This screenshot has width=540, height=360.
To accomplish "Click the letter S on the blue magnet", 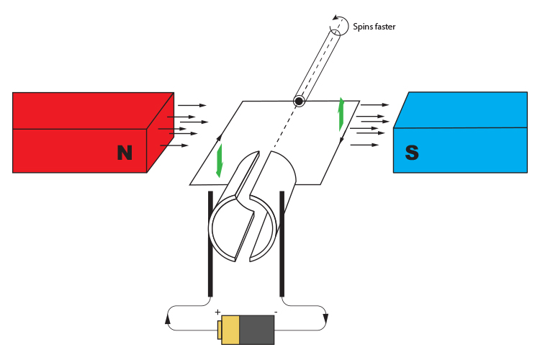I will point(412,152).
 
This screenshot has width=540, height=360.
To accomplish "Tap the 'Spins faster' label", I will point(374,27).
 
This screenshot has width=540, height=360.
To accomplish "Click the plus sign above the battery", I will point(217,312).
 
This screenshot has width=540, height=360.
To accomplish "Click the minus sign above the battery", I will point(276,312).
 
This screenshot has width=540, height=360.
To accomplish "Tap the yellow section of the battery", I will point(230,330).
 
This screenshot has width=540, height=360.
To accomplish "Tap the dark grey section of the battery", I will point(257,330).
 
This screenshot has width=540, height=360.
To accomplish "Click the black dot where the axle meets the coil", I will point(298,102).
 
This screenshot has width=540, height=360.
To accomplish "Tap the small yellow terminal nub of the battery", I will point(219,330).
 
